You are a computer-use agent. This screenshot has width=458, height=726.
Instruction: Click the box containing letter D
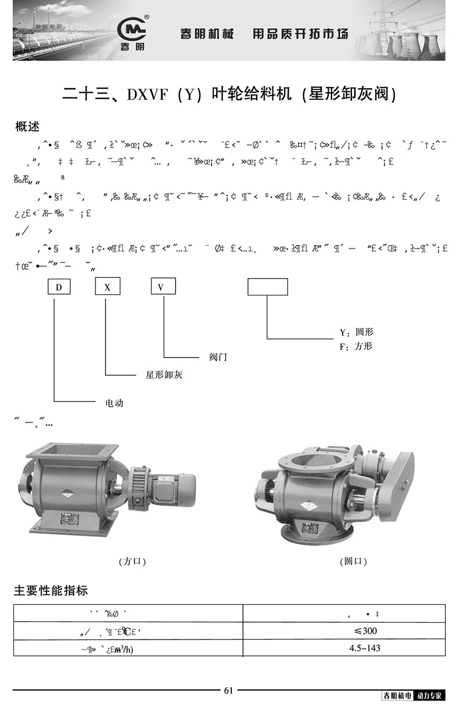[59, 287]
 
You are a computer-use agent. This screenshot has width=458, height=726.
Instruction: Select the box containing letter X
[107, 287]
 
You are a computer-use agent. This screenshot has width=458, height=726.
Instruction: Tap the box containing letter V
[163, 287]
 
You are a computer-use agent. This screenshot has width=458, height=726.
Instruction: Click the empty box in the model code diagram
[267, 287]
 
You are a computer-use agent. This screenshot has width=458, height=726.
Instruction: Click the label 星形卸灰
[163, 375]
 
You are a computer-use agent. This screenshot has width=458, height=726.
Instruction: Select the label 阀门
[218, 357]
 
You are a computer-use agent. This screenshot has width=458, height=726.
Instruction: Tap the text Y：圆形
[356, 332]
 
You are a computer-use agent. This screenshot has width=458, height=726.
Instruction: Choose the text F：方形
[356, 346]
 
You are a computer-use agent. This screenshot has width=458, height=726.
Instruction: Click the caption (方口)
[132, 561]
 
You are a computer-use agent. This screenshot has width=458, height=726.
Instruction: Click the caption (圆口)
[353, 561]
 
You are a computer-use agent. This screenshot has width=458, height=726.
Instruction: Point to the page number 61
[228, 690]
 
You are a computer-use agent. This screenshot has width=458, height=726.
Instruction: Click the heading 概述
[27, 126]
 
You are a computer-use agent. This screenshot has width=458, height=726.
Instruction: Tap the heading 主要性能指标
[51, 591]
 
